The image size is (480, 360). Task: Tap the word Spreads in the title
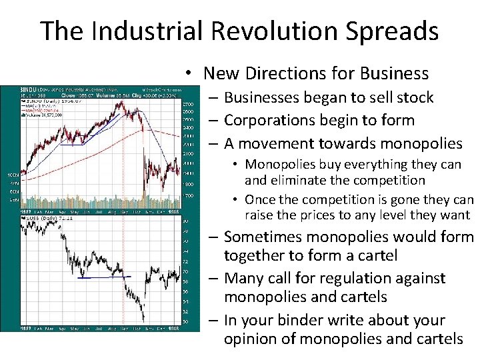coord(400,31)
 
